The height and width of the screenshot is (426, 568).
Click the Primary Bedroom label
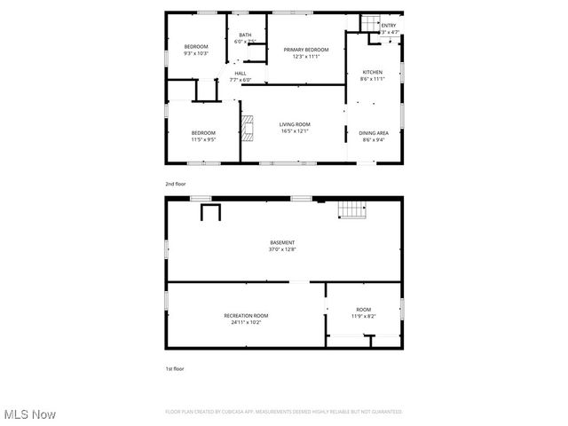[306, 50]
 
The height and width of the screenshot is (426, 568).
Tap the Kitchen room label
[373, 72]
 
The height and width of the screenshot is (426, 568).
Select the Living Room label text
[294, 124]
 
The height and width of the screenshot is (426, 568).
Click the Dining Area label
[374, 133]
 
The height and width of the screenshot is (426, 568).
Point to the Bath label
[244, 35]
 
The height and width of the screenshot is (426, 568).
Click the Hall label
[241, 74]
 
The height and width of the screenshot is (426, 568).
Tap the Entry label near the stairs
[389, 26]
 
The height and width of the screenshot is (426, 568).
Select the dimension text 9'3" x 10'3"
[195, 53]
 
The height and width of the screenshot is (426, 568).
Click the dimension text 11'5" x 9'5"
[202, 139]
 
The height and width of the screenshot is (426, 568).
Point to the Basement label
[282, 242]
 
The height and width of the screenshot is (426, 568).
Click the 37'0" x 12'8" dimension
[282, 249]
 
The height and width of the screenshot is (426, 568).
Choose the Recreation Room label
[246, 315]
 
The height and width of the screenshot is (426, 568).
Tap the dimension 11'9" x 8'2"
[364, 316]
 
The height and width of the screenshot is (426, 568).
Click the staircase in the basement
[351, 209]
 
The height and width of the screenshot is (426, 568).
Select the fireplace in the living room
[249, 129]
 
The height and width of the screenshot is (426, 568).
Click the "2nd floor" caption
[175, 184]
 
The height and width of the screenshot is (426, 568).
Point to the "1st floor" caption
[174, 368]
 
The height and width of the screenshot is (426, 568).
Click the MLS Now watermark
[30, 414]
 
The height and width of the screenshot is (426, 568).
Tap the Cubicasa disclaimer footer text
[283, 412]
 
